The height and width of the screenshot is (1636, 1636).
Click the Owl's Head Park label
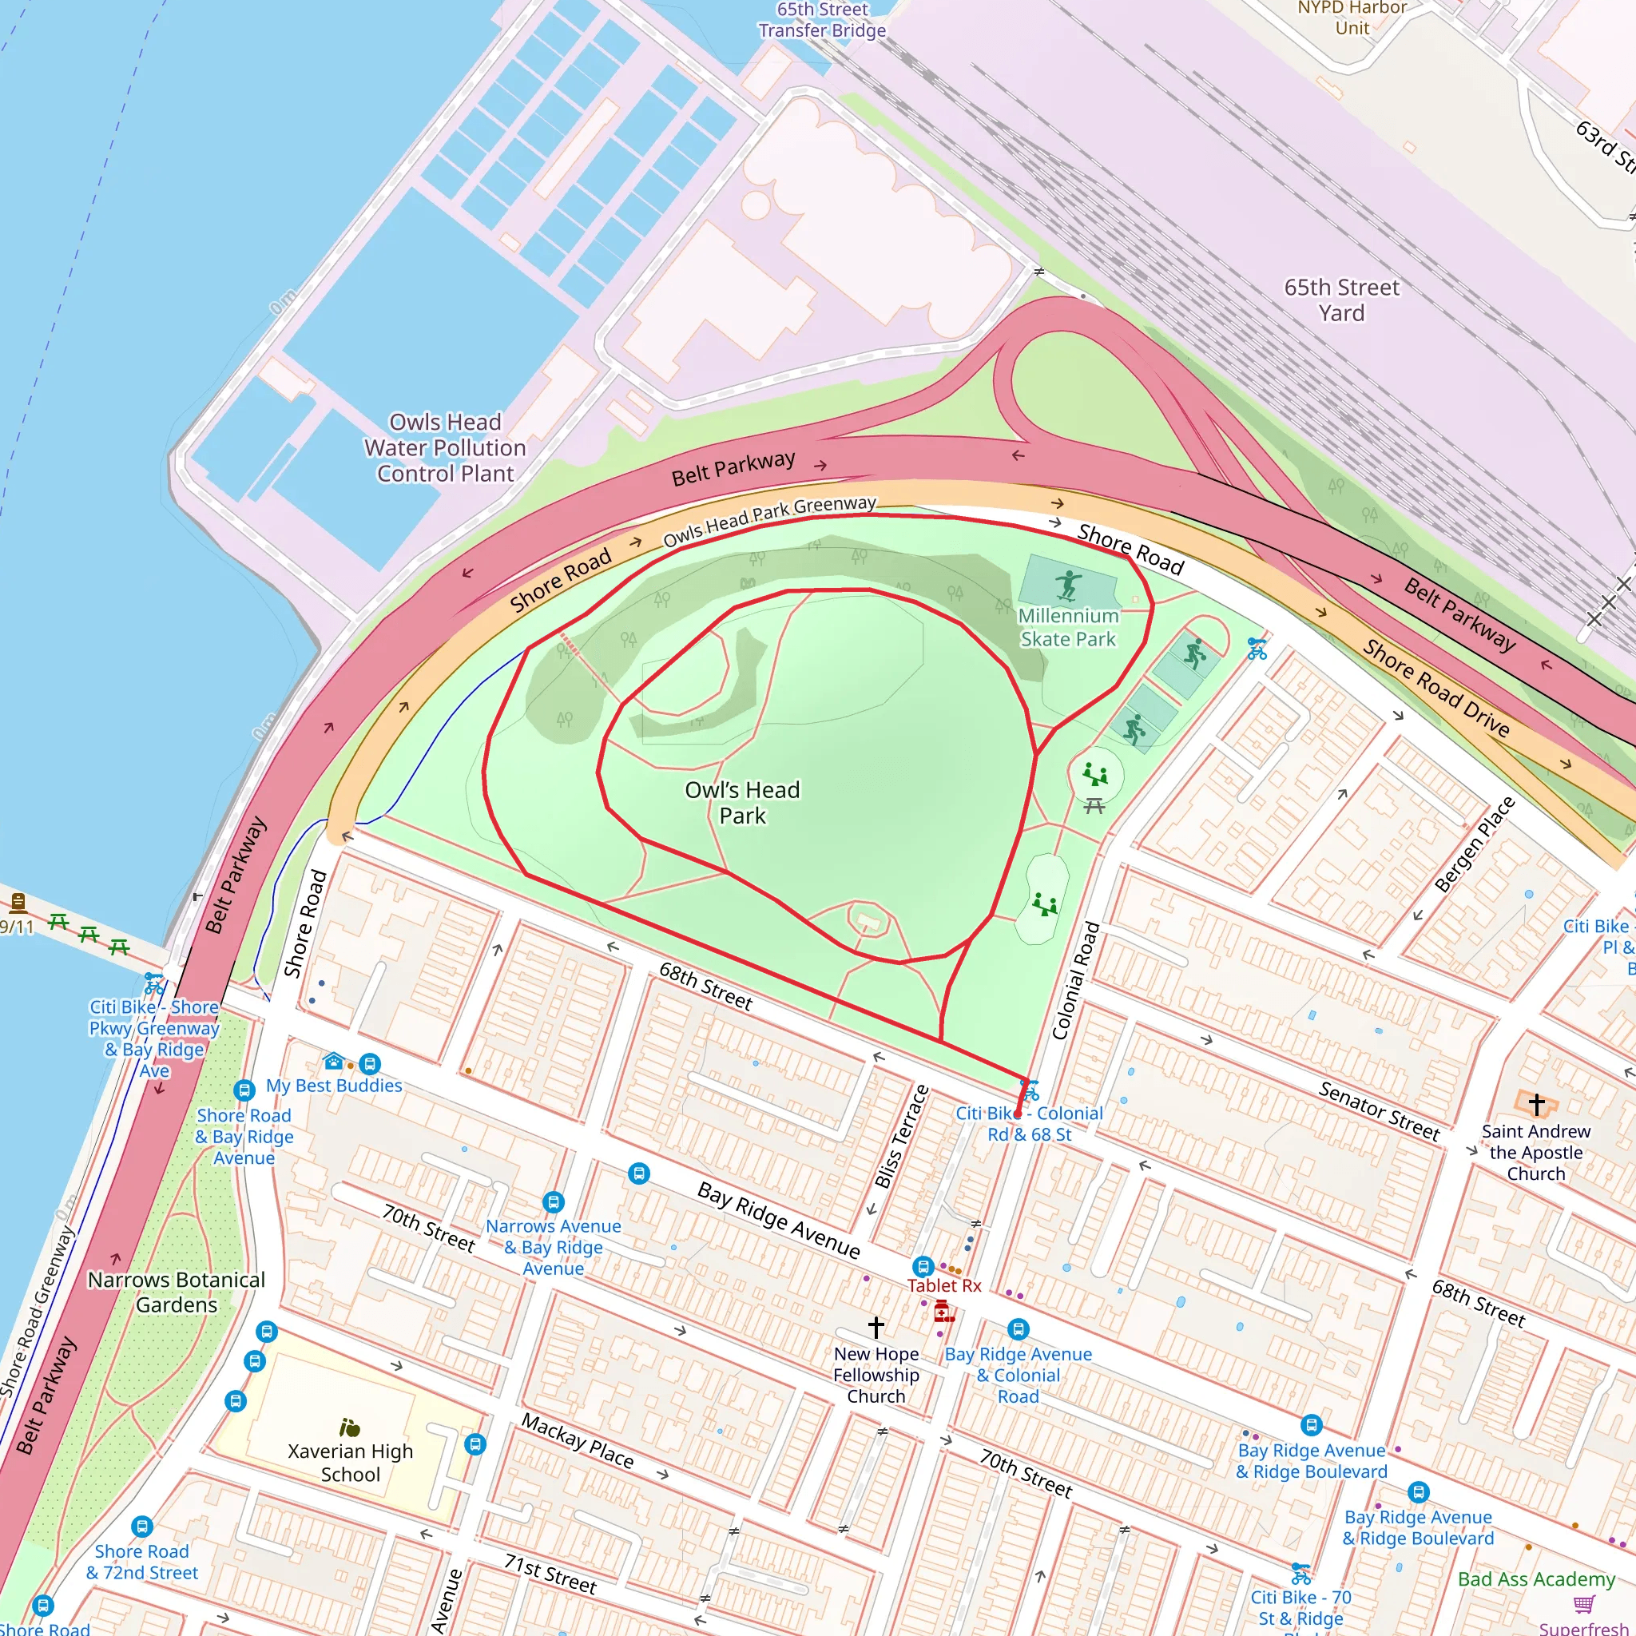click(x=742, y=802)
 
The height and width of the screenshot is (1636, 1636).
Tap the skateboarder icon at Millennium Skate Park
click(x=1069, y=584)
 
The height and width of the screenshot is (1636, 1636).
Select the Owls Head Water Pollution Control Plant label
click(x=446, y=447)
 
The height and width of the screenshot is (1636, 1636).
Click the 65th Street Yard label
click(x=1341, y=300)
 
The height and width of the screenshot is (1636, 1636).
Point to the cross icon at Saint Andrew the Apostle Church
click(x=1537, y=1104)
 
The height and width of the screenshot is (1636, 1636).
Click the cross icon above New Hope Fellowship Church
click(x=876, y=1325)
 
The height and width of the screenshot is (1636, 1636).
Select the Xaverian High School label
click(x=350, y=1463)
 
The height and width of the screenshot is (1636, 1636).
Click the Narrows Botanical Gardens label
click(x=176, y=1292)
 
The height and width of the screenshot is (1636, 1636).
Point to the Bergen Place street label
click(x=1475, y=844)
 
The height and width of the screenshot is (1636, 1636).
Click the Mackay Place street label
click(x=577, y=1440)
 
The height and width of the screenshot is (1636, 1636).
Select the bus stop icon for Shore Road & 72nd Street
click(x=142, y=1527)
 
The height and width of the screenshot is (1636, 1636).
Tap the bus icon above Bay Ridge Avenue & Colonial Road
click(x=1018, y=1328)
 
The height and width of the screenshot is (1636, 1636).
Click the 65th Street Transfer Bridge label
click(x=821, y=20)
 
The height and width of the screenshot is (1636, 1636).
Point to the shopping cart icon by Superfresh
click(x=1583, y=1604)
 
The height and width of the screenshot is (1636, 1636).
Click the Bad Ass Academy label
click(x=1536, y=1578)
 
